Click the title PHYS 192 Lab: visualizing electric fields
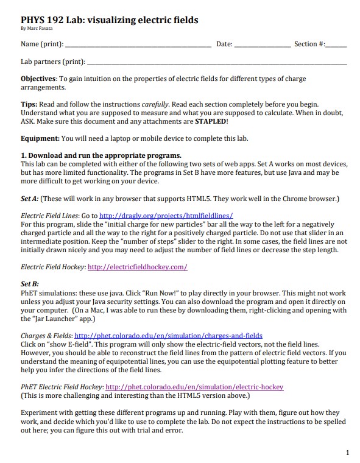coord(109,19)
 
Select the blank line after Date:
coord(262,45)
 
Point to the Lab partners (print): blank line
coord(216,63)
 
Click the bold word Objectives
coord(38,79)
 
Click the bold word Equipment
coord(40,138)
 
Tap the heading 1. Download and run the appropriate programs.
coord(101,155)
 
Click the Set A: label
coord(29,199)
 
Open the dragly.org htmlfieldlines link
coord(166,216)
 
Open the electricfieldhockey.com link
coord(137,267)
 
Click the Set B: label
coord(29,284)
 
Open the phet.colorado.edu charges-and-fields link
coord(168,335)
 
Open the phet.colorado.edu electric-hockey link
coord(194,387)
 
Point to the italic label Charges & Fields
coord(46,335)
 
